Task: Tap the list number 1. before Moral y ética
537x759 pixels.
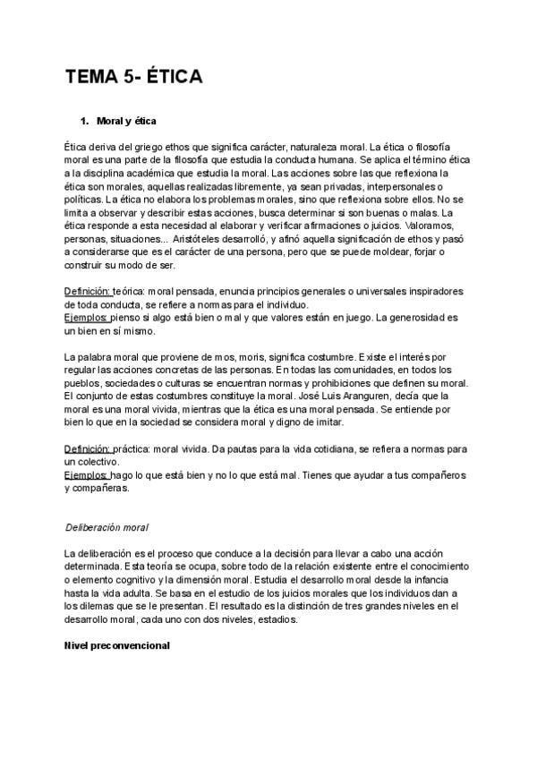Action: pos(86,120)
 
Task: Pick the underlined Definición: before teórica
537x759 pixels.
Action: pos(88,292)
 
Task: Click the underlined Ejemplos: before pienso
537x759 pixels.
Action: pos(85,318)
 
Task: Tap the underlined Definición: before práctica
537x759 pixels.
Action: pos(88,448)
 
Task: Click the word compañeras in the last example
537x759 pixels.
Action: pos(100,488)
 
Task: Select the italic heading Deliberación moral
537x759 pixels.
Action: pos(107,527)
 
